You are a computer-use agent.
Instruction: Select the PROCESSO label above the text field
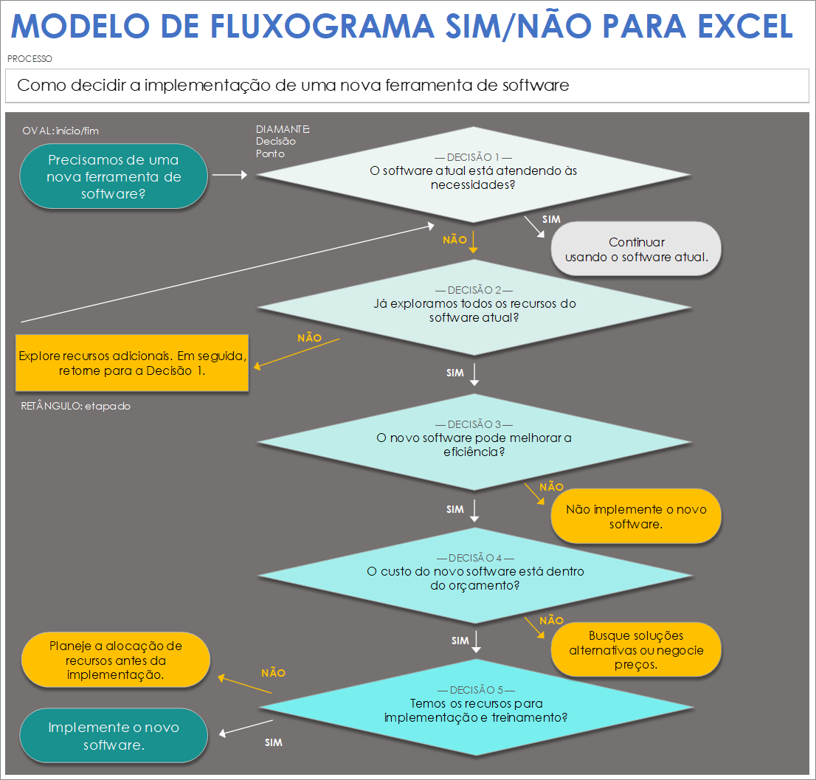pos(30,58)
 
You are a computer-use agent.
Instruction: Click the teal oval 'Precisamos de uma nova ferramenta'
pos(113,177)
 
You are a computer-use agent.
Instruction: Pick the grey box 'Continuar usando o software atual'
pos(636,249)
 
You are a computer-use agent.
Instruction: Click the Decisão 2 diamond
pos(473,308)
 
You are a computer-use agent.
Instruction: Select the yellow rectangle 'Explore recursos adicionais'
pos(132,363)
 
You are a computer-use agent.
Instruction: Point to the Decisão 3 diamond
pos(473,442)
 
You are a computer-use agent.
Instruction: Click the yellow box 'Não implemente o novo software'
pos(636,517)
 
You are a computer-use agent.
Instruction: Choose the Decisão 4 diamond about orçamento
pos(473,576)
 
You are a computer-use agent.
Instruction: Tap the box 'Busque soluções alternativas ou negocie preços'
pos(636,649)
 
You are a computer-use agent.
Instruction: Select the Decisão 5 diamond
pos(473,707)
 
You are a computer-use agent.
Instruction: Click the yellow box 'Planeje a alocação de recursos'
pos(116,660)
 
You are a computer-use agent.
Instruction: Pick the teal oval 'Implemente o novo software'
pos(113,736)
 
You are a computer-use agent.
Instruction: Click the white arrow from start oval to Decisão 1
pos(229,175)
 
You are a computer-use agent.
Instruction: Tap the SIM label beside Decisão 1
pos(551,219)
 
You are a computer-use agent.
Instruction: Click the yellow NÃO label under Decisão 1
pos(454,240)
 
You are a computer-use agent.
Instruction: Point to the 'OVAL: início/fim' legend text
pos(60,131)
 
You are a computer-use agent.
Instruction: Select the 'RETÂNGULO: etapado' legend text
pos(75,406)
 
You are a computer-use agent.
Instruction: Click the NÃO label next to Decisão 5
pos(273,673)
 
